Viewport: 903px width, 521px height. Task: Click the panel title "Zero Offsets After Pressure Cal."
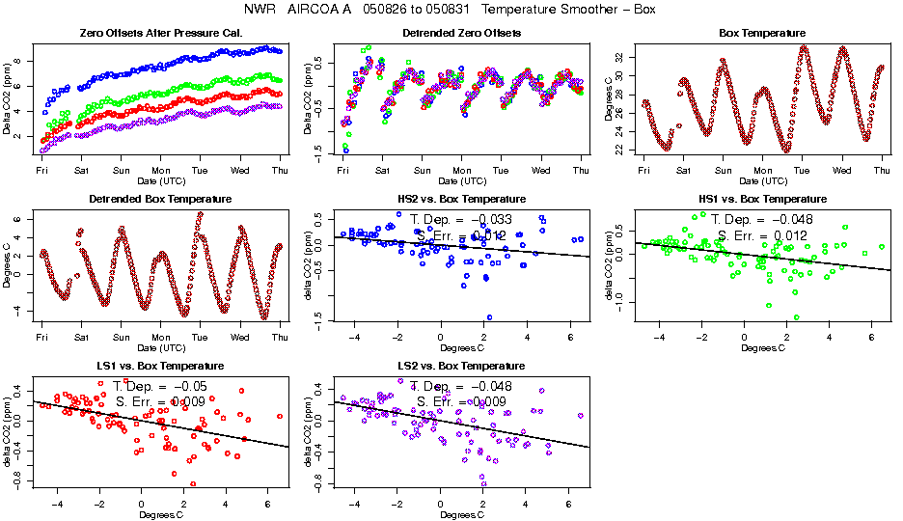point(160,33)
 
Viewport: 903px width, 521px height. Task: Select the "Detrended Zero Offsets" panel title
point(461,33)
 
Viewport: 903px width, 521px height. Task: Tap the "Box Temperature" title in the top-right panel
point(762,33)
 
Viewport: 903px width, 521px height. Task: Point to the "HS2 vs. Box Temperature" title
point(461,200)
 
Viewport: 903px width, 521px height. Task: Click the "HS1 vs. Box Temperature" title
point(762,200)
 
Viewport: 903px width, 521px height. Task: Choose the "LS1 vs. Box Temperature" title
point(160,367)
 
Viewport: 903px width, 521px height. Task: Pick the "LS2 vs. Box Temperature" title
point(461,367)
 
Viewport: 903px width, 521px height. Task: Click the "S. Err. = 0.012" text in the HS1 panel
point(762,235)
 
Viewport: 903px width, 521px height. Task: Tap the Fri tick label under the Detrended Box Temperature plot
point(42,338)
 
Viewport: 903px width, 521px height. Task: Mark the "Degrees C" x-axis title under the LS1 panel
point(160,514)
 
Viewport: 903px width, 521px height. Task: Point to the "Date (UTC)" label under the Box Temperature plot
point(762,180)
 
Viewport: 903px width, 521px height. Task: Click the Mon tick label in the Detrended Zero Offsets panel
point(461,171)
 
